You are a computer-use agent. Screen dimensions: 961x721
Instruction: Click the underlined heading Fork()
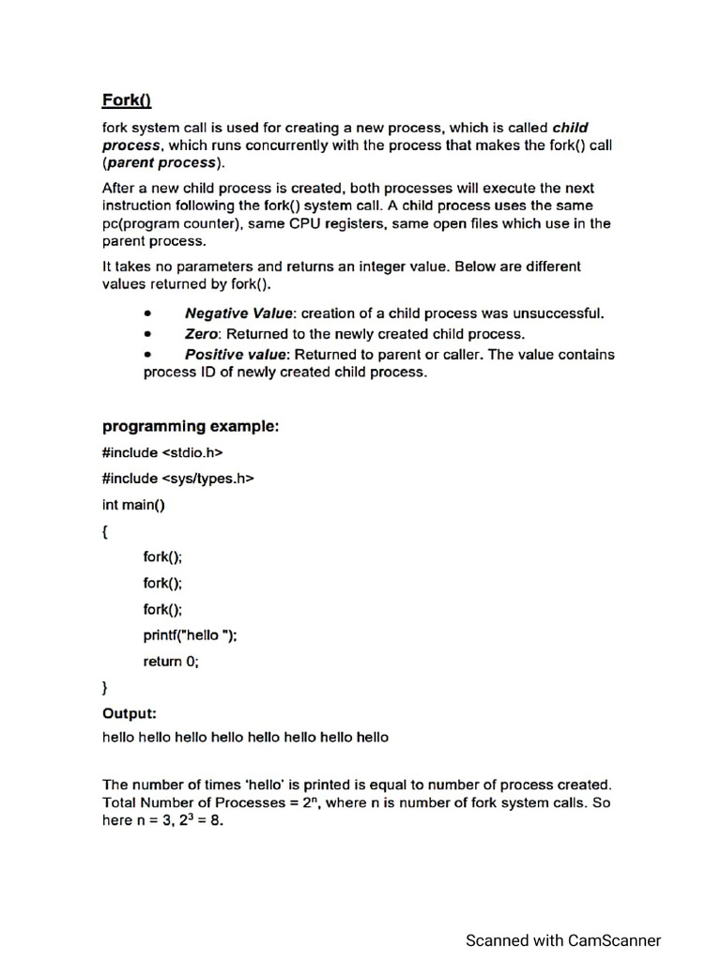(x=127, y=100)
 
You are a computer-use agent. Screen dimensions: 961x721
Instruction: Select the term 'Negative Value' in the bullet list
(x=240, y=313)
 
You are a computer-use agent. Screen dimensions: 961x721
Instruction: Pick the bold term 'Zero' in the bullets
(x=202, y=334)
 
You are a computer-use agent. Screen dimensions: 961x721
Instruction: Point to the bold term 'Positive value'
(x=238, y=355)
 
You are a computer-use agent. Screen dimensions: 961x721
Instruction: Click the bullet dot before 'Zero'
(x=147, y=334)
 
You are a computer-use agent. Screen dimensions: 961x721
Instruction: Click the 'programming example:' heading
(x=191, y=427)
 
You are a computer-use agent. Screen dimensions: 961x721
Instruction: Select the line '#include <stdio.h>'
(x=161, y=452)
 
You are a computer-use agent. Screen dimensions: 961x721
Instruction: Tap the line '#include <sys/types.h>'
(x=178, y=479)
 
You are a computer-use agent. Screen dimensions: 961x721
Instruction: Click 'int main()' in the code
(x=133, y=505)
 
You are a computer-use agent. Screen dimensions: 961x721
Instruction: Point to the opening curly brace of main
(x=105, y=531)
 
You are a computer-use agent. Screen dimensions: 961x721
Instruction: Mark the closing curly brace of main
(x=105, y=688)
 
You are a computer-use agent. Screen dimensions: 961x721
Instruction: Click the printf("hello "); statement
(x=190, y=635)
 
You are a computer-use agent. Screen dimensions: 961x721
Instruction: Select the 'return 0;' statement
(x=171, y=662)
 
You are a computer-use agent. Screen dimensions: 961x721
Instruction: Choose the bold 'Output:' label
(x=130, y=713)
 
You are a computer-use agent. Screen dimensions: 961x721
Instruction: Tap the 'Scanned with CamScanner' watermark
(x=563, y=940)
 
